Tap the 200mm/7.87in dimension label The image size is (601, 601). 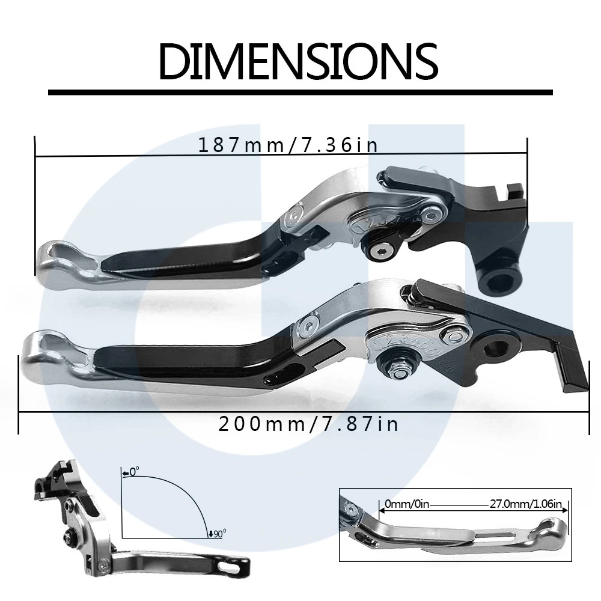pyautogui.click(x=308, y=424)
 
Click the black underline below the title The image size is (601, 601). pyautogui.click(x=300, y=93)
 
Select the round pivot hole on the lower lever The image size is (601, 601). pyautogui.click(x=498, y=347)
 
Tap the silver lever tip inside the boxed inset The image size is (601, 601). pyautogui.click(x=550, y=528)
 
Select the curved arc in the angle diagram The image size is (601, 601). pyautogui.click(x=180, y=490)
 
